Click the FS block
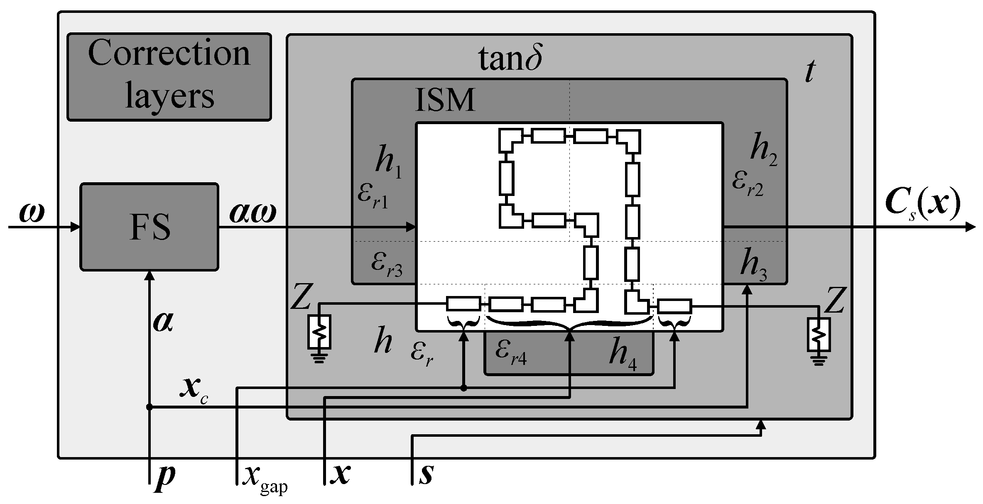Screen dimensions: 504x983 coord(149,227)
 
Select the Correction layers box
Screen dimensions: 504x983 coord(169,77)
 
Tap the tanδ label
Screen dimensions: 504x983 coord(510,59)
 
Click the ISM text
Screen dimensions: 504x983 coord(445,100)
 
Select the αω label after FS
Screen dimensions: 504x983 coord(252,215)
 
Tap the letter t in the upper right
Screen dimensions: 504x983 coord(809,72)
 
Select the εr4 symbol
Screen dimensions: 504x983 coord(510,353)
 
